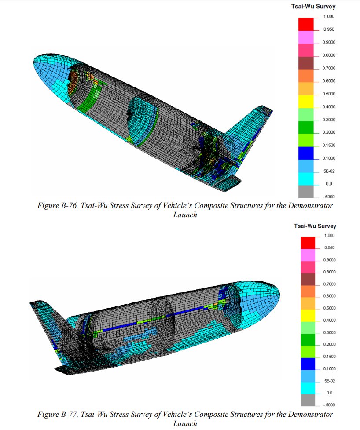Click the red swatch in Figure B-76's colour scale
[x=306, y=24]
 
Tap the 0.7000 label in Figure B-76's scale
[x=329, y=68]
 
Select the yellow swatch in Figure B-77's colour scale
[x=308, y=315]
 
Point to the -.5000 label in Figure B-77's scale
[x=329, y=405]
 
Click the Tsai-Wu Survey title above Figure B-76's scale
[x=313, y=6]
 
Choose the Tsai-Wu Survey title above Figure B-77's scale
[x=315, y=226]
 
